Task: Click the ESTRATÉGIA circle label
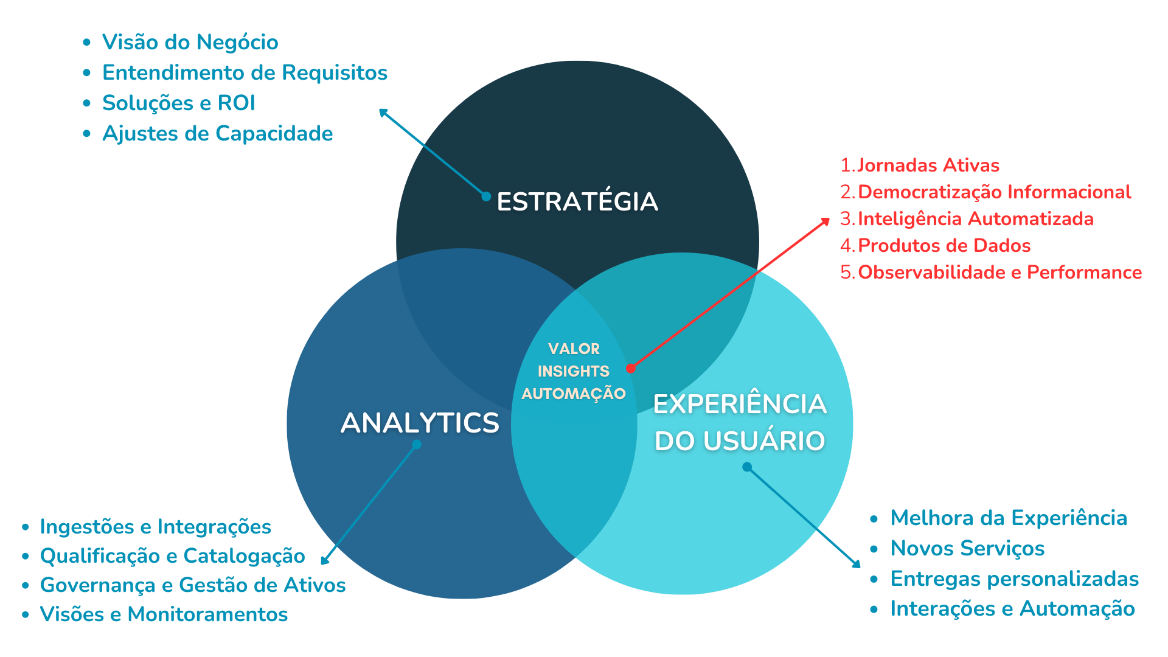click(577, 201)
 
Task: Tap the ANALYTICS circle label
click(420, 423)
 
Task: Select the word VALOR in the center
click(574, 349)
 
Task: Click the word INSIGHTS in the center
click(573, 371)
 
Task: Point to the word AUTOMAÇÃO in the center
click(573, 394)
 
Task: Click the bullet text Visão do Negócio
click(190, 43)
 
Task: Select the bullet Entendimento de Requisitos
click(245, 73)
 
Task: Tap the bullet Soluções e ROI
click(178, 103)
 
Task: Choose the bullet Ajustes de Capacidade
click(217, 134)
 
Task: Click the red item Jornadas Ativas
click(928, 165)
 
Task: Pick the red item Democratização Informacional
click(994, 192)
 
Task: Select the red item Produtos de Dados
click(944, 246)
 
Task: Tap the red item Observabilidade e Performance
click(999, 273)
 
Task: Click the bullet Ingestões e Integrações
click(155, 527)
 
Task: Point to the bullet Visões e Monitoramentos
click(164, 614)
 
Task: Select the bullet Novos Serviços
click(967, 549)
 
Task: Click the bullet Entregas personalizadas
click(1014, 579)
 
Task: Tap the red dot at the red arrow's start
click(631, 368)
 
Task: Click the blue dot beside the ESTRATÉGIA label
click(486, 196)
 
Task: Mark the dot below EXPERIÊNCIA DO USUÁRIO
click(747, 467)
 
